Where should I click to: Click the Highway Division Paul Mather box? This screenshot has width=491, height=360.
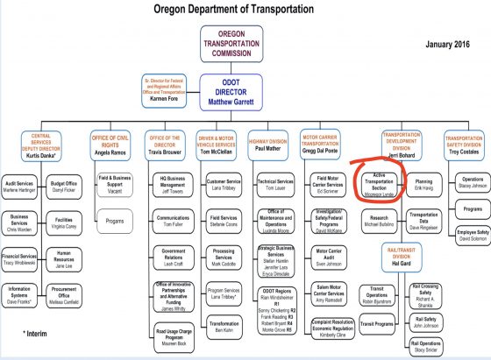pyautogui.click(x=268, y=145)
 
